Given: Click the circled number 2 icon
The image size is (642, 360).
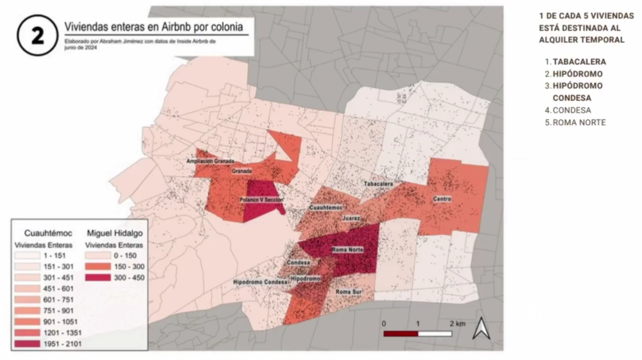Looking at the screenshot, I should pos(38,36).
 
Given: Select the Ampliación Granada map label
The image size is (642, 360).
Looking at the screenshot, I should pos(209,160).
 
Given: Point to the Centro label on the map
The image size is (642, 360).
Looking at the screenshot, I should pos(442,199).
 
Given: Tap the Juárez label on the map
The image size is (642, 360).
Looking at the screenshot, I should pos(351,219).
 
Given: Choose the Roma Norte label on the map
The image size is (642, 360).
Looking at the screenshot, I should pos(347,250).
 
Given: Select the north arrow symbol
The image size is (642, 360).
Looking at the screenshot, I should pos(480,329).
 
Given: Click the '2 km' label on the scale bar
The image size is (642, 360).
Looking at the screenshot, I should pos(457,323).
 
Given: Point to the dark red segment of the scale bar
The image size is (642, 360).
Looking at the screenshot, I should pos(401,334).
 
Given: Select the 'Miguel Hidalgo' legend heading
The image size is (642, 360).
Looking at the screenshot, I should pos(114,232).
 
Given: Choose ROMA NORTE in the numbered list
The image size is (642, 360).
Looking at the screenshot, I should pos(578,123).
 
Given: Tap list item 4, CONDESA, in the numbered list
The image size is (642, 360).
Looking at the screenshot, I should pos(572,110).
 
